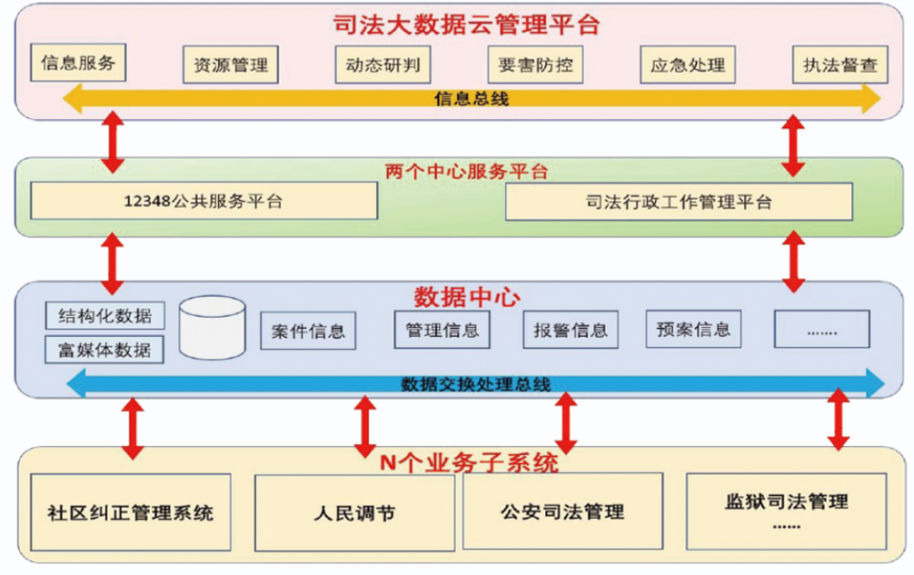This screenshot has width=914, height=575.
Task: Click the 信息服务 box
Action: [77, 63]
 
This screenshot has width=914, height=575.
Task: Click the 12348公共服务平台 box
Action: [204, 201]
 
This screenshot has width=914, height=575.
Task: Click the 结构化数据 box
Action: [104, 315]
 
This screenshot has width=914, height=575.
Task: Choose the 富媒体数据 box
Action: [104, 349]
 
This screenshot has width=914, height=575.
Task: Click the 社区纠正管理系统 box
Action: [130, 511]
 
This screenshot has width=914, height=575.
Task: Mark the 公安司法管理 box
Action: [562, 511]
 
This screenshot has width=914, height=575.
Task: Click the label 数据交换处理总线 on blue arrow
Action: [475, 384]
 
